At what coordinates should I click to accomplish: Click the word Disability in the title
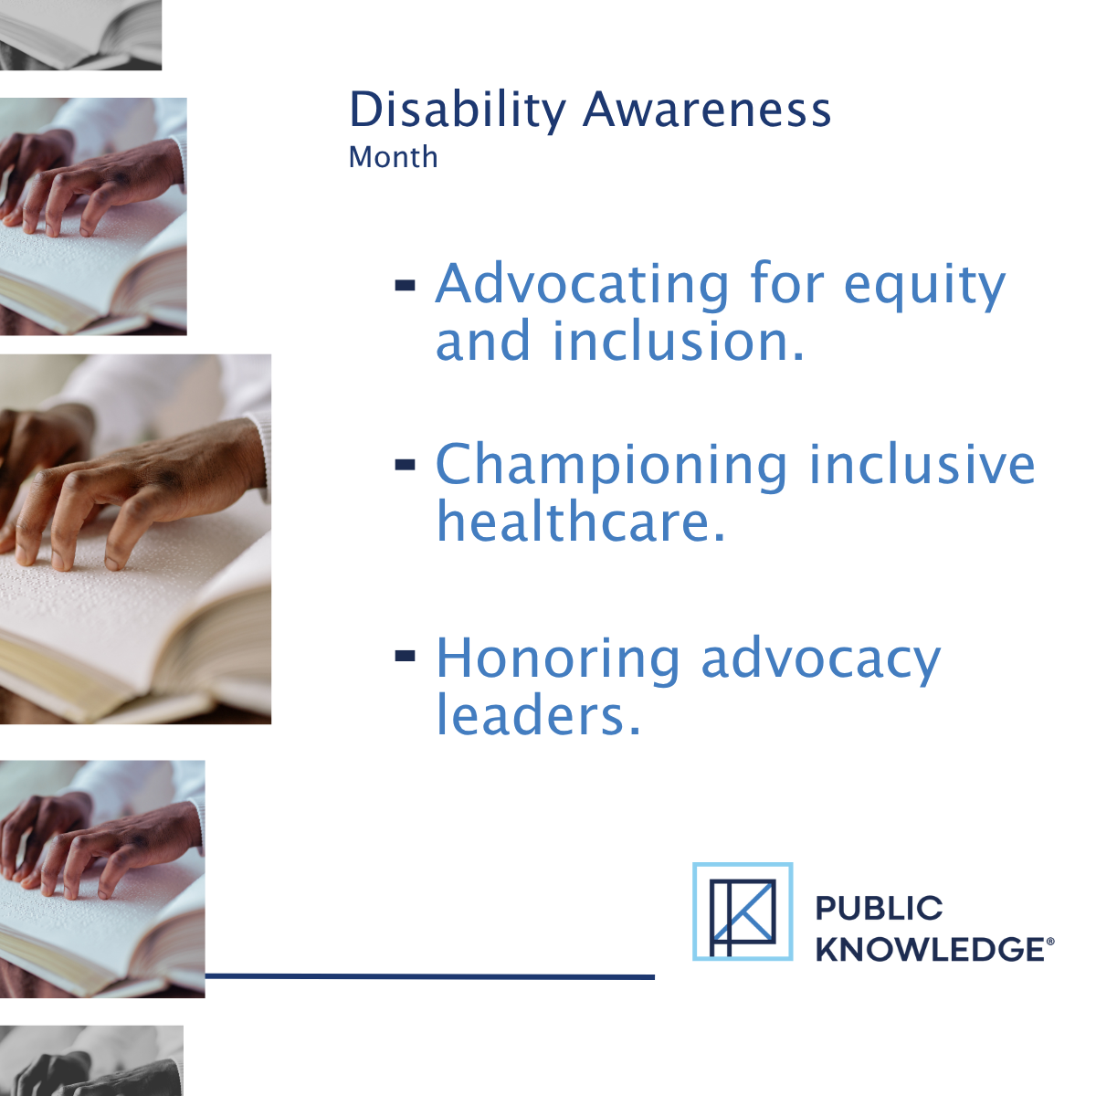[457, 111]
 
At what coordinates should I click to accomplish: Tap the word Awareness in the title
[707, 111]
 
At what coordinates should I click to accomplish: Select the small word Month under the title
[393, 157]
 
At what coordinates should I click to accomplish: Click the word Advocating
[581, 284]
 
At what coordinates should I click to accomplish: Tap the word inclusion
[678, 342]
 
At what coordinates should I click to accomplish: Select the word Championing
[610, 466]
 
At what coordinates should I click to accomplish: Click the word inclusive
[922, 464]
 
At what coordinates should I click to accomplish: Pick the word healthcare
[580, 522]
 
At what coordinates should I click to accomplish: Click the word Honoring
[557, 659]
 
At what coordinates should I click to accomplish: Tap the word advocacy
[820, 660]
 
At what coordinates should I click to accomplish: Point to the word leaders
[538, 715]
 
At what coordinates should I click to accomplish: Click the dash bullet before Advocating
[405, 286]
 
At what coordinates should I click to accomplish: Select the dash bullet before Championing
[405, 466]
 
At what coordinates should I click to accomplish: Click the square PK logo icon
[743, 912]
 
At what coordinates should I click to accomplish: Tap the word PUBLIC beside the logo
[879, 909]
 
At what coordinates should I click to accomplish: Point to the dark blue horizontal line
[429, 976]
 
